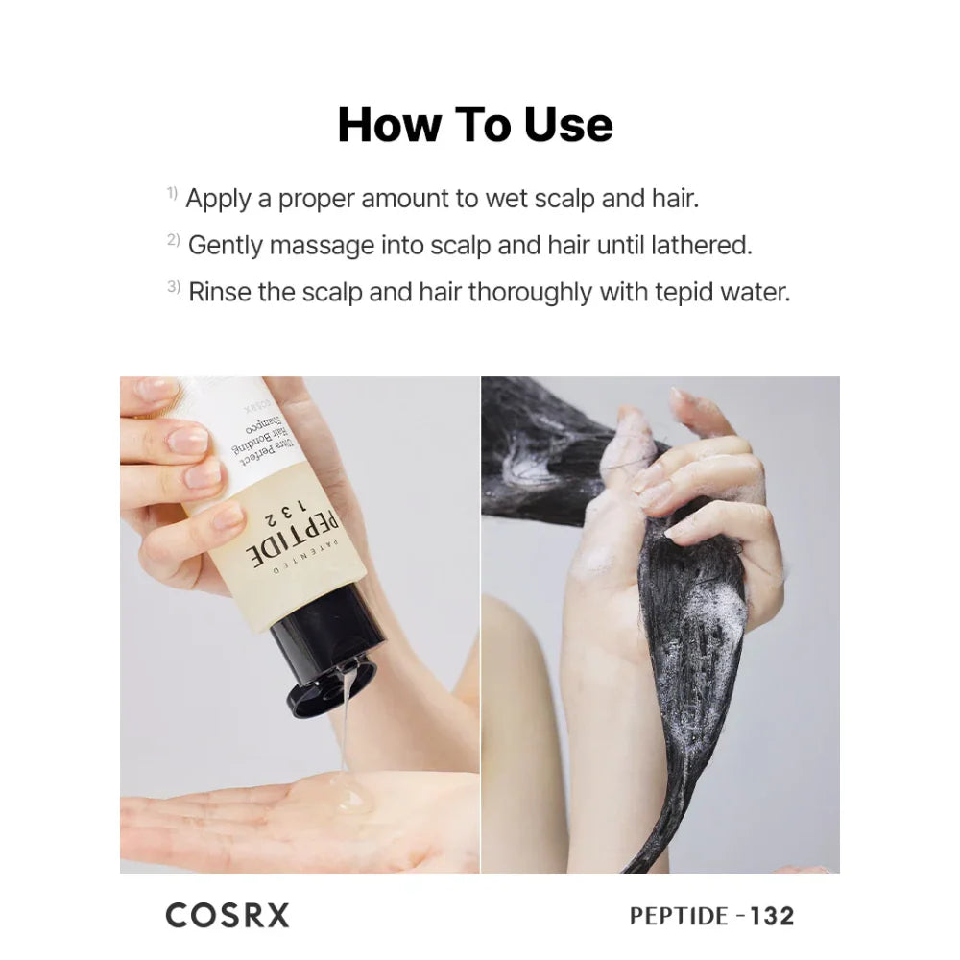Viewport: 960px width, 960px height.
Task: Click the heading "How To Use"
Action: [475, 126]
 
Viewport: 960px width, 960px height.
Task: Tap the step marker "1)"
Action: [172, 194]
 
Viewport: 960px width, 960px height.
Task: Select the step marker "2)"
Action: [173, 240]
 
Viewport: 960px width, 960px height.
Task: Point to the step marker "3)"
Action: [174, 286]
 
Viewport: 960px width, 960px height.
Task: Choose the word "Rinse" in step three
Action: [219, 292]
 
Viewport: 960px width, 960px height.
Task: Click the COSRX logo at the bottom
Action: [227, 915]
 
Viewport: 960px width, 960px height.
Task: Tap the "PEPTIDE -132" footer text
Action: [711, 916]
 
